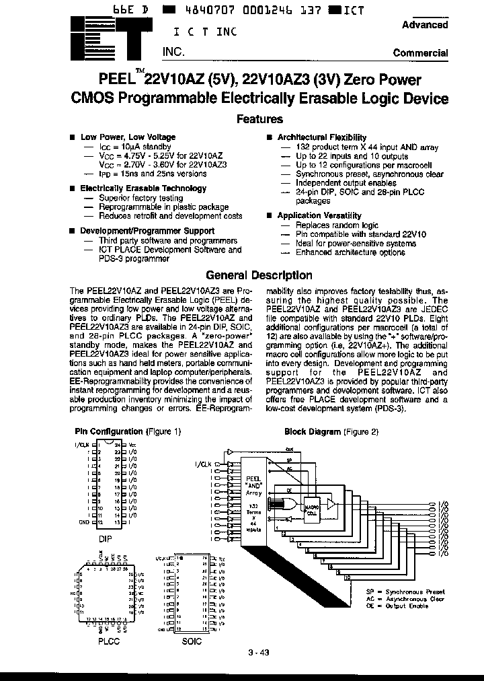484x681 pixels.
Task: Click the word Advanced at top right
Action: pos(424,25)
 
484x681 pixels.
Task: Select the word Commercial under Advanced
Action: pos(419,53)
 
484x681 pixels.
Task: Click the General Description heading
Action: pos(258,275)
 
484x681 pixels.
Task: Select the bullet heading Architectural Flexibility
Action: pos(322,137)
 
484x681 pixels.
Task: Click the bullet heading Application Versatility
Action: pos(319,215)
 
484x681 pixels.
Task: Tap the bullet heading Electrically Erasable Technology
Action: pos(143,188)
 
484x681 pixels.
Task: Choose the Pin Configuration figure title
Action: pos(126,431)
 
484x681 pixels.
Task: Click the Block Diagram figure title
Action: pos(331,431)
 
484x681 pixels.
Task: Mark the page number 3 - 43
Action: pos(257,651)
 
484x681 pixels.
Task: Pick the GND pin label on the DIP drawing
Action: pos(84,522)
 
